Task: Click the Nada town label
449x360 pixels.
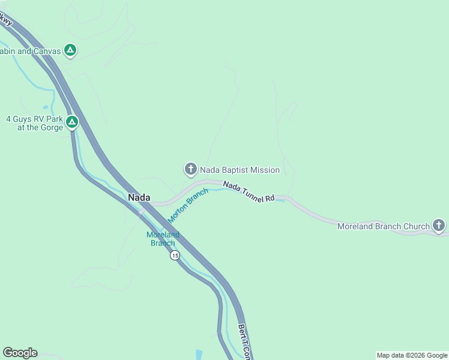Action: point(139,197)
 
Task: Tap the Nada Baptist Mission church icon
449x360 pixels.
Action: point(191,170)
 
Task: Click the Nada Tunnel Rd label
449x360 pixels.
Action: point(249,192)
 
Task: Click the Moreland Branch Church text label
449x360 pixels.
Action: point(383,226)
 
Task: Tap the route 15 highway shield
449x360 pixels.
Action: point(175,256)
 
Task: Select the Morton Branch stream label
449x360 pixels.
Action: point(188,205)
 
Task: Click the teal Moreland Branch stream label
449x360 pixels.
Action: point(163,239)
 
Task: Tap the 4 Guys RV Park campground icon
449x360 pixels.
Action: point(72,123)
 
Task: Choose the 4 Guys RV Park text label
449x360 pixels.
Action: point(35,123)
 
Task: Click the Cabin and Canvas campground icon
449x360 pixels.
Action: point(70,51)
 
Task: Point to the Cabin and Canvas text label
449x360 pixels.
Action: point(30,52)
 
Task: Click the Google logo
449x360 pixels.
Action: point(20,353)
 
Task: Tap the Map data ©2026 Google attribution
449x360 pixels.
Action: point(412,355)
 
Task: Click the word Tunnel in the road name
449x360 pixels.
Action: point(251,193)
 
